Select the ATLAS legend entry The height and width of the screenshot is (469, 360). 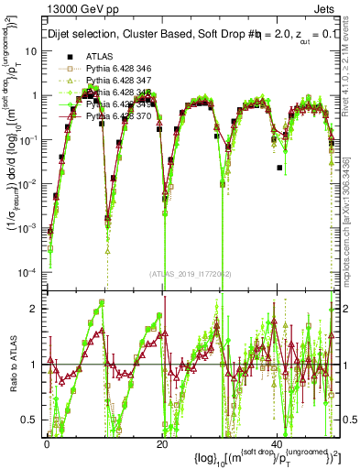coord(99,57)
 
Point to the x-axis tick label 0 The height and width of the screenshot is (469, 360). coord(47,443)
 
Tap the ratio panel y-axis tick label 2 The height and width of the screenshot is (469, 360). coord(35,309)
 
